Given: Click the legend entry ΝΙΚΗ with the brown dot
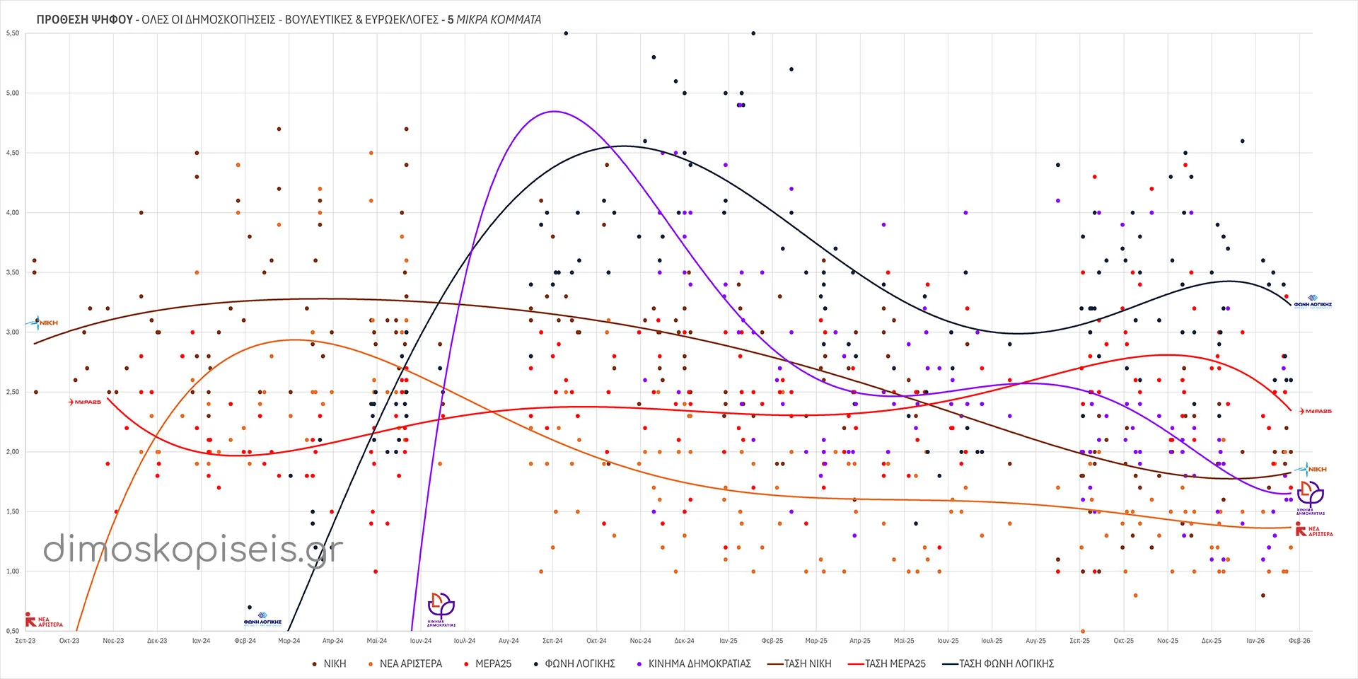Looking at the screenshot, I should pos(330,663).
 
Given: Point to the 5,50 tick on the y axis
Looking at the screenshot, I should pos(13,33).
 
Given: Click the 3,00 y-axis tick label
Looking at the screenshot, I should pos(13,332).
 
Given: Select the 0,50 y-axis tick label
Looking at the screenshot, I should pos(13,631).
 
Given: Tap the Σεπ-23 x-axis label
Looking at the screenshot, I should pos(25,641).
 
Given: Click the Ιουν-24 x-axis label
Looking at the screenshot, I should pos(421,641).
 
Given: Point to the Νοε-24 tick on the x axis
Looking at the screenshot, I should pos(640,641).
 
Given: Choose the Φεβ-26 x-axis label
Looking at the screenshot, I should pos(1299,641).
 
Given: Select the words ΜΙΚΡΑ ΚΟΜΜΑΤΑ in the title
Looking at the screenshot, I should pos(499,20).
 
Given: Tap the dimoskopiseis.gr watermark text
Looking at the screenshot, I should pos(193,550).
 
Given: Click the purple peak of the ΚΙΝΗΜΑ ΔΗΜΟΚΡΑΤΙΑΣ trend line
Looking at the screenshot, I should pos(554,111).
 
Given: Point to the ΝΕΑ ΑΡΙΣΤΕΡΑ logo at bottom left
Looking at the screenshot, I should pos(44,621).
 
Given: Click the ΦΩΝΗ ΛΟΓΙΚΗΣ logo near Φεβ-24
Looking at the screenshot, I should pos(262,620).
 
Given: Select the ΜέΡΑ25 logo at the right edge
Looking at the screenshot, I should pos(1315,411).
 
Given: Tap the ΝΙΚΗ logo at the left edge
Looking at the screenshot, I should pos(43,323).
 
